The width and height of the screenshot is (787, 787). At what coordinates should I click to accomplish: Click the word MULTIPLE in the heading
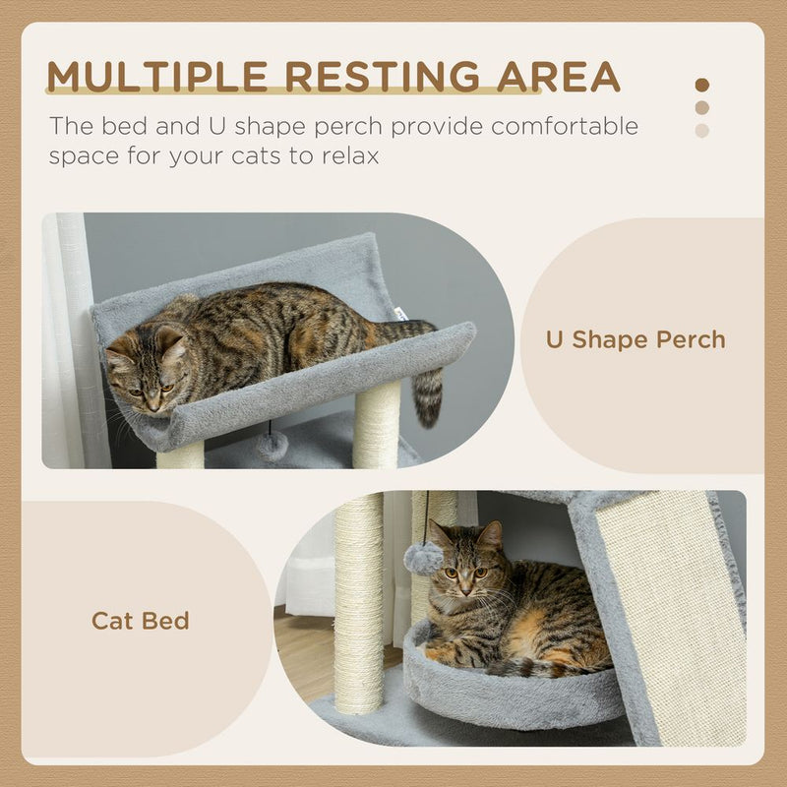click(x=151, y=76)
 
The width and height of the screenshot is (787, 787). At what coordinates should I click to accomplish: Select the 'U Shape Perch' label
click(x=636, y=340)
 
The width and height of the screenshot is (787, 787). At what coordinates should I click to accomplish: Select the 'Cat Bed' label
click(x=141, y=621)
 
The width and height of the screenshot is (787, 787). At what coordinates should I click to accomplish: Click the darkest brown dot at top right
click(x=701, y=86)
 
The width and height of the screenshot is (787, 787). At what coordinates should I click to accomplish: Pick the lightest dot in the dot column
click(x=701, y=130)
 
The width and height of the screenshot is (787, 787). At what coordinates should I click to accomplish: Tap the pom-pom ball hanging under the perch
click(x=272, y=447)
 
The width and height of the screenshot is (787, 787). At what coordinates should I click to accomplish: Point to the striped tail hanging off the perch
click(x=427, y=393)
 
